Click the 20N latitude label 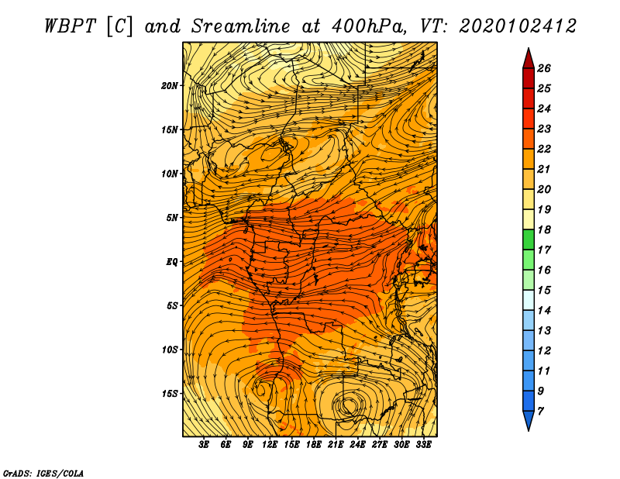pos(170,86)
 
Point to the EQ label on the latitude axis pos(171,262)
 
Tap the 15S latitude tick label pos(170,394)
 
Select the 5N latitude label pos(172,218)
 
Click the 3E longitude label pos(204,445)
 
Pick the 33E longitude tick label pos(423,445)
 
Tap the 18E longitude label pos(314,445)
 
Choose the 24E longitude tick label pos(357,445)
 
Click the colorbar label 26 pos(544,68)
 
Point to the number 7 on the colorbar pos(540,412)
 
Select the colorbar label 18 pos(544,229)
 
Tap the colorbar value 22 pos(544,149)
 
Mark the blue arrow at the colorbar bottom pos(529,419)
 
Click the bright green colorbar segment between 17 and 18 pos(529,239)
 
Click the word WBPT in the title pos(70,26)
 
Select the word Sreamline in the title pos(240,26)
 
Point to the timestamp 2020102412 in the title pos(518,26)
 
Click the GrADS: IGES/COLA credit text pos(43,473)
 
